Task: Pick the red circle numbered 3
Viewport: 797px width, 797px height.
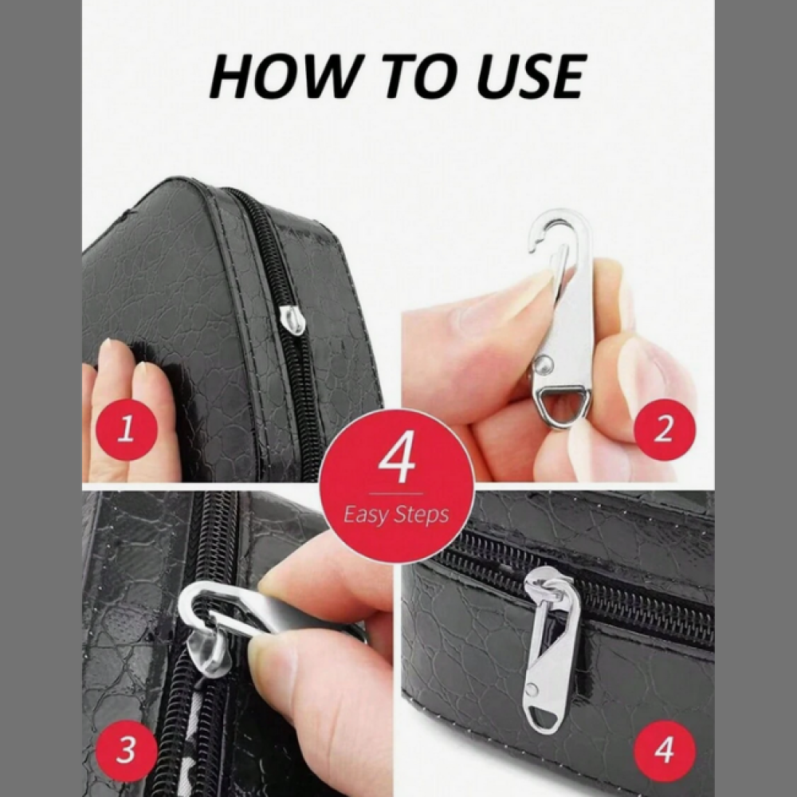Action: coord(126,750)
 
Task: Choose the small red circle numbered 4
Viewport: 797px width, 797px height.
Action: coord(665,750)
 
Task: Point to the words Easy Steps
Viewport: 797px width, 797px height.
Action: coord(396,514)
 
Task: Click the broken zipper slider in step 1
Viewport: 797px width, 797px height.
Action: coord(293,320)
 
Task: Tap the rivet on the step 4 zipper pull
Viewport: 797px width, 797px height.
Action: coord(532,689)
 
